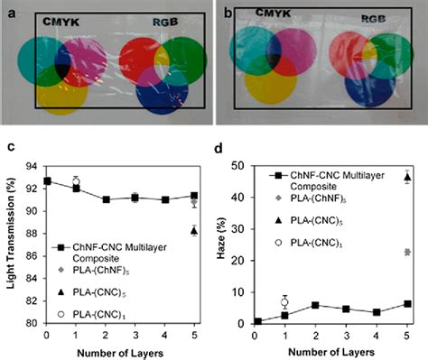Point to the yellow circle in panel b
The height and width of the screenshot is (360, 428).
(x=271, y=78)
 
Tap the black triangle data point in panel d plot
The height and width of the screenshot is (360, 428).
(x=407, y=178)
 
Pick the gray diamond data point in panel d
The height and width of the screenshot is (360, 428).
(x=407, y=252)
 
